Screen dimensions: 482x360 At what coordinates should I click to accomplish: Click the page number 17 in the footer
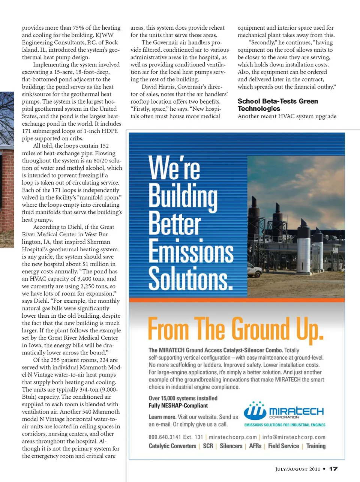point(333,468)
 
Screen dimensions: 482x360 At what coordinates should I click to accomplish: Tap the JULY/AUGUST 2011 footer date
point(298,469)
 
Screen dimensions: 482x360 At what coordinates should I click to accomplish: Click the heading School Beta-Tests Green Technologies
point(277,105)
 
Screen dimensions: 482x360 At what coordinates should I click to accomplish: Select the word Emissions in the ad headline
point(191,251)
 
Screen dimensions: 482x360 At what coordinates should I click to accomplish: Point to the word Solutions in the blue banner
point(190,278)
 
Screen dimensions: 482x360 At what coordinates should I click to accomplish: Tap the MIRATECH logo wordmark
point(296,411)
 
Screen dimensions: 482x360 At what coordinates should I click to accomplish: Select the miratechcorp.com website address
point(232,437)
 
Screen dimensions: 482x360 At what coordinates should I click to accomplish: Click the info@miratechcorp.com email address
point(294,437)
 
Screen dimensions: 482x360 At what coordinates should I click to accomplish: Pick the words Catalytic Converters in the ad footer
point(172,446)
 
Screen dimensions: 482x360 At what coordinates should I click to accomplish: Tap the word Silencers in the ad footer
point(231,446)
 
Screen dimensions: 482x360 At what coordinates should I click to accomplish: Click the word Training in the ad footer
point(316,446)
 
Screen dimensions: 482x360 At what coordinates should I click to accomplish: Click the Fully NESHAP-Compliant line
point(178,405)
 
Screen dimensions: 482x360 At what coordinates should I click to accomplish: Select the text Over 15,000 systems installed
point(183,398)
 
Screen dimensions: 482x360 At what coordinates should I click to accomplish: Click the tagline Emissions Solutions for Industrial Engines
point(285,425)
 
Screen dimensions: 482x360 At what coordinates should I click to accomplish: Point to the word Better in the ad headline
point(175,223)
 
